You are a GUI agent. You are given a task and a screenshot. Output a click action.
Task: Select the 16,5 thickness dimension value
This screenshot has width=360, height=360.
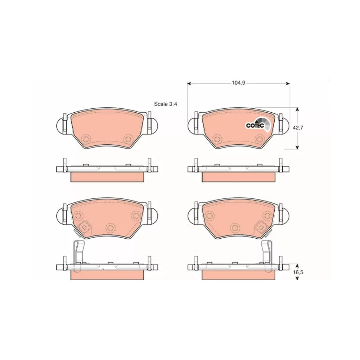point(298,272)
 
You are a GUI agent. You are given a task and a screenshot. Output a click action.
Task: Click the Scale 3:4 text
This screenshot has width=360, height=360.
point(166,104)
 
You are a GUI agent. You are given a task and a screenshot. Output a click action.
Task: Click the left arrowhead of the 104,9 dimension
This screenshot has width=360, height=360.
point(189,84)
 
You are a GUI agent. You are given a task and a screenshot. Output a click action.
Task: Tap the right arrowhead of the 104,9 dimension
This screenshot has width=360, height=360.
point(288,84)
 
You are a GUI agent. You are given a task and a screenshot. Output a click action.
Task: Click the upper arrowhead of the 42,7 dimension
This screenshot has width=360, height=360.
point(298,109)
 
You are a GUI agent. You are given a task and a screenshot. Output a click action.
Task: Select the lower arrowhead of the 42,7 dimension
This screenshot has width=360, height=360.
point(298,147)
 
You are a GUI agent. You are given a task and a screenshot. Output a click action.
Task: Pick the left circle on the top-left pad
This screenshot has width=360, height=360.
point(86,139)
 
